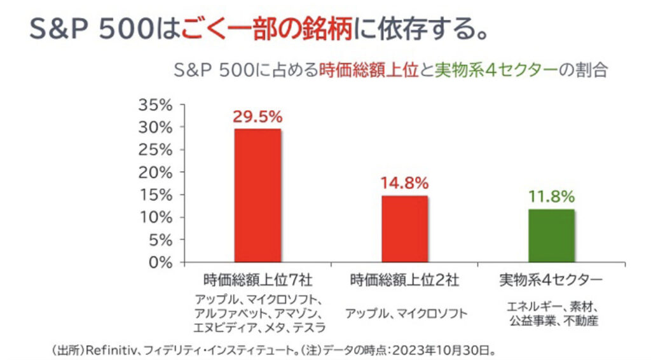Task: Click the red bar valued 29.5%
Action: pyautogui.click(x=257, y=195)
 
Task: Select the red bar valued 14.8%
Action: pyautogui.click(x=404, y=228)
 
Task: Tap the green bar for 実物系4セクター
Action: pyautogui.click(x=551, y=235)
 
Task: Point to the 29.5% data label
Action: pyautogui.click(x=257, y=117)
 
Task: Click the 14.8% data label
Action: pyautogui.click(x=404, y=184)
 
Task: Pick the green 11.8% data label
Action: pyautogui.click(x=551, y=197)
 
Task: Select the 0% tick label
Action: pyautogui.click(x=160, y=262)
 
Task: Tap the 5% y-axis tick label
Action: pyautogui.click(x=160, y=240)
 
